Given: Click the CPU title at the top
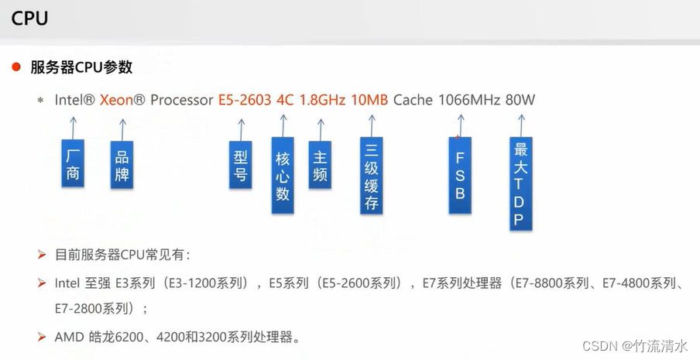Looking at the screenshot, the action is tap(30, 19).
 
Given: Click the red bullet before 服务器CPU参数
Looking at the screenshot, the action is tap(15, 67).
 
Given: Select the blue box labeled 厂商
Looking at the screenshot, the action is tap(73, 163).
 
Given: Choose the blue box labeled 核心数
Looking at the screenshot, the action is tap(283, 176).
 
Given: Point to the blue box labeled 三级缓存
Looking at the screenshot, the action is tap(372, 176).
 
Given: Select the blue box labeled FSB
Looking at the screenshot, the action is tap(460, 176).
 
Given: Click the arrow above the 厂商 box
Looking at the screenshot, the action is tap(73, 126).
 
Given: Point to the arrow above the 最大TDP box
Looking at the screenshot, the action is tap(520, 125).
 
